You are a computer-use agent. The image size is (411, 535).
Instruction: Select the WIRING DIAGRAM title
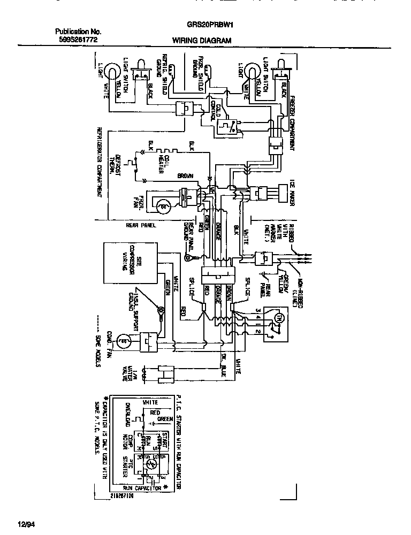tap(202, 41)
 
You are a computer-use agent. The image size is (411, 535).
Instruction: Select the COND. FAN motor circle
tap(121, 340)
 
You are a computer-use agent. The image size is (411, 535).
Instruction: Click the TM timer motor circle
tap(278, 318)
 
